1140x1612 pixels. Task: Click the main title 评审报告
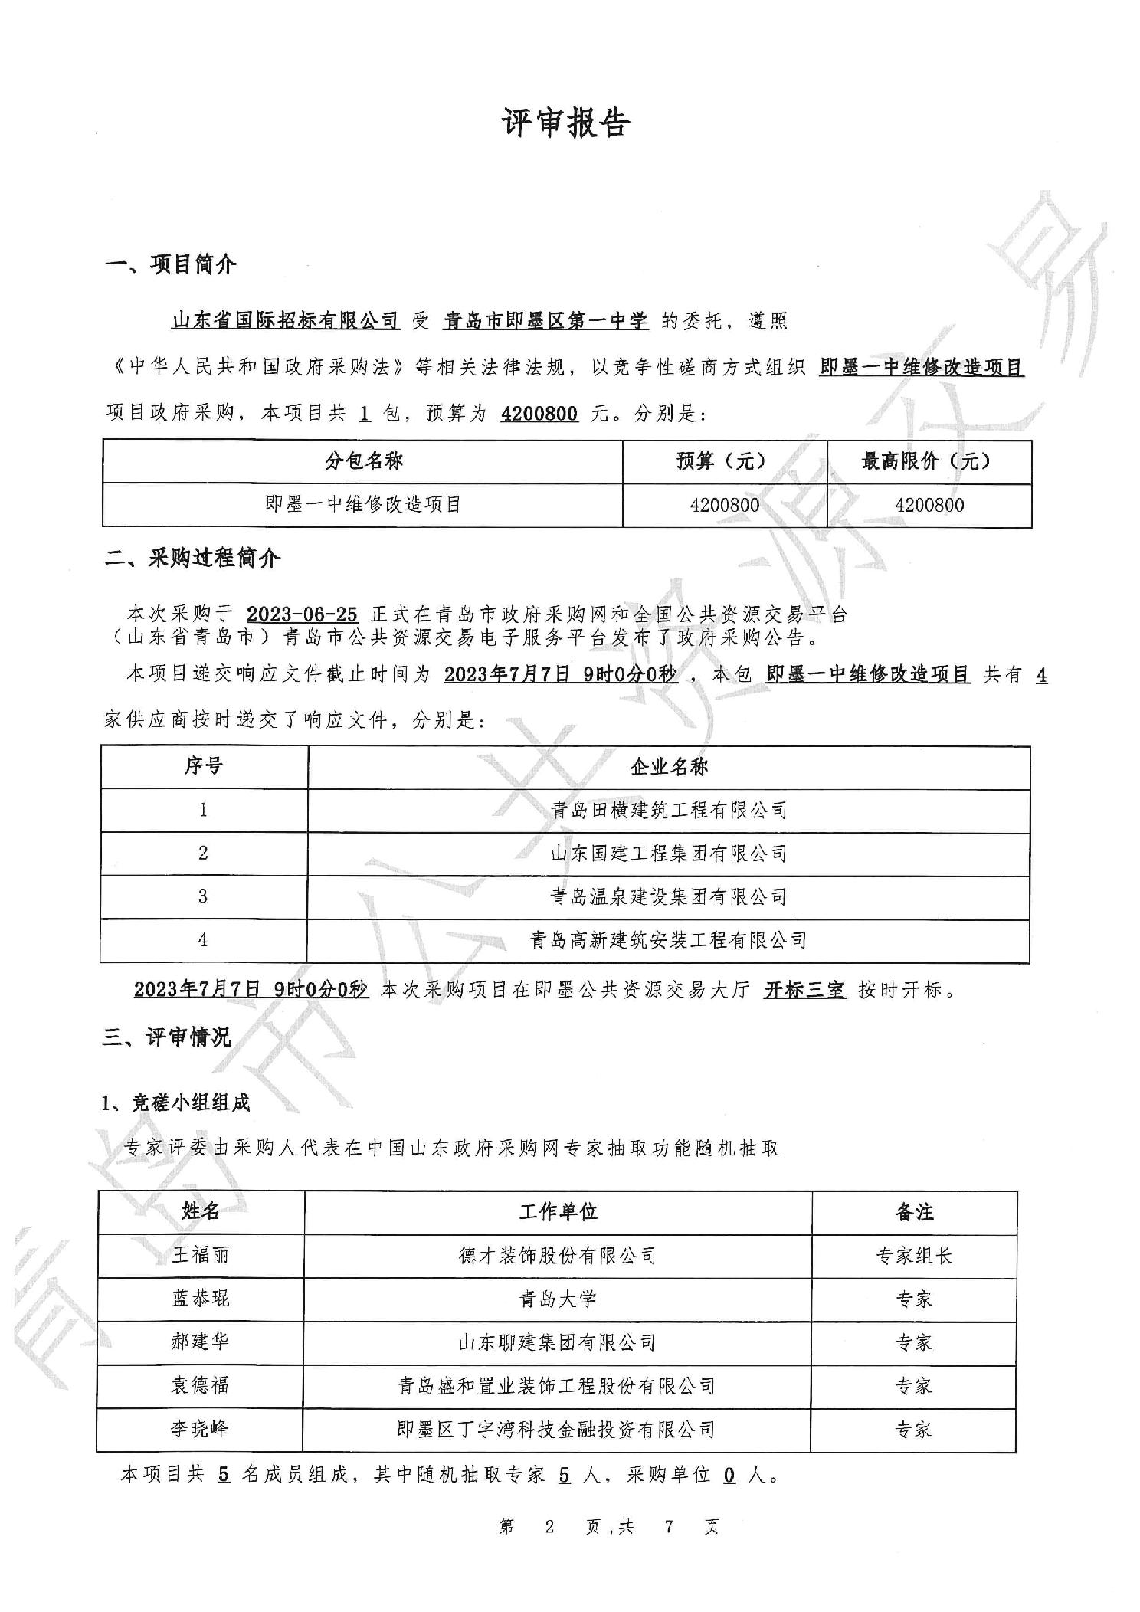(x=566, y=123)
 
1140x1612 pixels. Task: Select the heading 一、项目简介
(x=171, y=265)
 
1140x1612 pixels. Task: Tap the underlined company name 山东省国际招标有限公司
(x=285, y=321)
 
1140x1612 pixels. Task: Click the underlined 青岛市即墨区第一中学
(x=545, y=321)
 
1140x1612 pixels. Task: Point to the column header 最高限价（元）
(x=927, y=461)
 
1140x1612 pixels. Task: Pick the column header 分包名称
(x=363, y=461)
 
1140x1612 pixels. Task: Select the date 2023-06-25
(x=302, y=614)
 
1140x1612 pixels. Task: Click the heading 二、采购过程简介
(x=192, y=559)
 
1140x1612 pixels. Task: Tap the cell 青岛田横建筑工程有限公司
(x=668, y=810)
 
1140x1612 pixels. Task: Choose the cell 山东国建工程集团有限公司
(x=668, y=854)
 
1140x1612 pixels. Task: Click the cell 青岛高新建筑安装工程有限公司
(x=668, y=940)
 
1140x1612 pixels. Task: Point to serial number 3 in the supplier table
(x=203, y=896)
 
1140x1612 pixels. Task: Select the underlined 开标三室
(x=804, y=990)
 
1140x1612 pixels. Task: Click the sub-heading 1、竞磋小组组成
(x=176, y=1103)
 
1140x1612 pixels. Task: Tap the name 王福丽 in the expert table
(x=200, y=1255)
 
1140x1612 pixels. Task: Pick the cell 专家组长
(x=913, y=1256)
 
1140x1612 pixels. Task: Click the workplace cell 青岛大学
(x=557, y=1299)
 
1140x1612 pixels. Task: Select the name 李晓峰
(x=200, y=1429)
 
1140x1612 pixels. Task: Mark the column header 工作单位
(x=557, y=1211)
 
